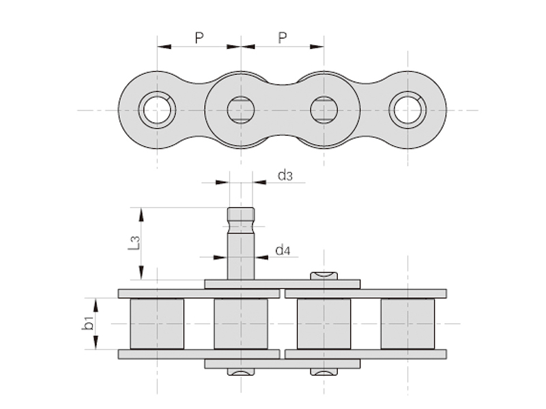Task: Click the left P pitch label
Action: click(x=199, y=38)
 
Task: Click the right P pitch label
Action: click(x=283, y=38)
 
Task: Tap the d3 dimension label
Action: click(x=285, y=176)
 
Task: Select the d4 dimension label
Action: click(x=283, y=250)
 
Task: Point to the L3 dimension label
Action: click(x=134, y=243)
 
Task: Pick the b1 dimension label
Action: click(x=88, y=323)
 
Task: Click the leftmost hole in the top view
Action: click(x=157, y=110)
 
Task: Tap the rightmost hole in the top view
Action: click(x=407, y=110)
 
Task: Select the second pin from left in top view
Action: click(x=240, y=110)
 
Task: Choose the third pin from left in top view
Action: click(x=324, y=110)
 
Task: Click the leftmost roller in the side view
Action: click(x=157, y=323)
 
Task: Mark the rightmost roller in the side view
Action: click(x=407, y=323)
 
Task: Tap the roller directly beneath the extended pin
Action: click(x=240, y=323)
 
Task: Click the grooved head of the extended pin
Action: click(x=240, y=217)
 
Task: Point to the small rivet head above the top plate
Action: click(x=324, y=275)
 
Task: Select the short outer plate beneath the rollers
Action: click(x=282, y=363)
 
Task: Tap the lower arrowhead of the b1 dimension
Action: click(x=96, y=344)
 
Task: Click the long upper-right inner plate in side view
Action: click(x=365, y=294)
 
